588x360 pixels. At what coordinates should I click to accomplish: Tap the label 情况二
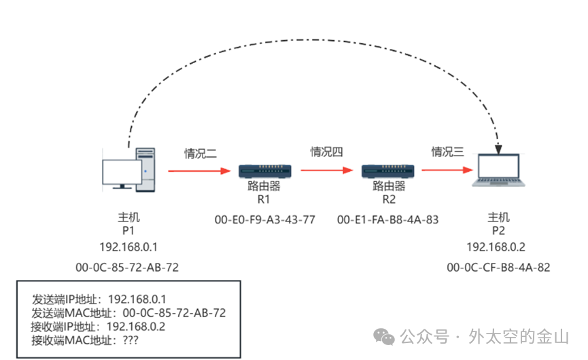[x=201, y=154]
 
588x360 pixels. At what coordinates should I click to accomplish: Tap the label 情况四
[x=327, y=152]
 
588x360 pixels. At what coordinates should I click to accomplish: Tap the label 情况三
[x=448, y=152]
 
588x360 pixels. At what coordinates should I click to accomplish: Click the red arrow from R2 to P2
[x=445, y=170]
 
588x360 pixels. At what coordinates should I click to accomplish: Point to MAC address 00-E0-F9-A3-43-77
[x=265, y=221]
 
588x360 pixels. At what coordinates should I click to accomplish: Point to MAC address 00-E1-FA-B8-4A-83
[x=388, y=221]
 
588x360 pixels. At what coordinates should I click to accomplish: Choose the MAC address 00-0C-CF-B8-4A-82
[x=498, y=268]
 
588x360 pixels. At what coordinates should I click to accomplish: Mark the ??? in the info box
[x=128, y=339]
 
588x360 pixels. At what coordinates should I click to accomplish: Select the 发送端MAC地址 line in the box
[x=128, y=312]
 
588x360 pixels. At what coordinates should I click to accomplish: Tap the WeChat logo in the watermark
[x=387, y=336]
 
